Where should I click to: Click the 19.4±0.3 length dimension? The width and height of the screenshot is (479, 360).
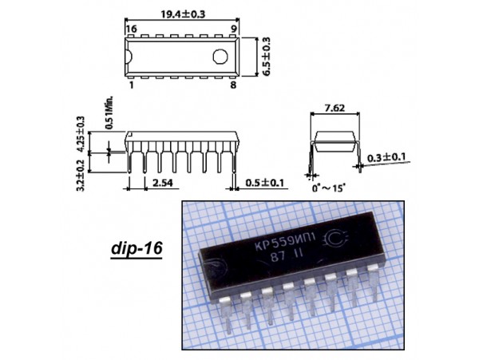click(183, 14)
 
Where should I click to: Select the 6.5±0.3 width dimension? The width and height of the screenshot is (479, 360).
click(267, 57)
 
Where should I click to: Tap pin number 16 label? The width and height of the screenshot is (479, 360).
click(132, 29)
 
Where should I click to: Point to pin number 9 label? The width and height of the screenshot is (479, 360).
click(233, 29)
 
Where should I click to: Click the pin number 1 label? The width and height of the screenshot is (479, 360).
click(132, 85)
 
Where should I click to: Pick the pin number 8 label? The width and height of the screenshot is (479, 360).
click(233, 85)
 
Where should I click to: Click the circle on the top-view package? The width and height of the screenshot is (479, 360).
click(220, 57)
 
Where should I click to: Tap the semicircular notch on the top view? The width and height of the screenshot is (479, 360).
click(129, 57)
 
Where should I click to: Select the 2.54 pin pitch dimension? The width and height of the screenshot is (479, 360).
click(163, 183)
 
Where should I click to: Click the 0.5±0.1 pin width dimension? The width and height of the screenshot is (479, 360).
click(264, 183)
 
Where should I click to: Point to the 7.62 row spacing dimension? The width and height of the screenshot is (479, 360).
click(334, 108)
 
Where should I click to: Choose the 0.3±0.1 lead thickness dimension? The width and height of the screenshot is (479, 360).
click(386, 157)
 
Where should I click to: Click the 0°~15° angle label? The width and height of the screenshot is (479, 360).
click(328, 188)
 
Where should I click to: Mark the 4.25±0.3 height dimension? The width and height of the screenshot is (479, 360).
click(81, 134)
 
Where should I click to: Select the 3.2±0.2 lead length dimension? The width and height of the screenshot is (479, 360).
click(81, 176)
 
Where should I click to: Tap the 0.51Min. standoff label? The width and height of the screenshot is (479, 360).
click(109, 113)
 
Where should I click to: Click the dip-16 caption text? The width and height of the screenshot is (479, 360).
click(137, 248)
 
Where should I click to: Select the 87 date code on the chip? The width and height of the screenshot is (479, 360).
click(278, 257)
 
